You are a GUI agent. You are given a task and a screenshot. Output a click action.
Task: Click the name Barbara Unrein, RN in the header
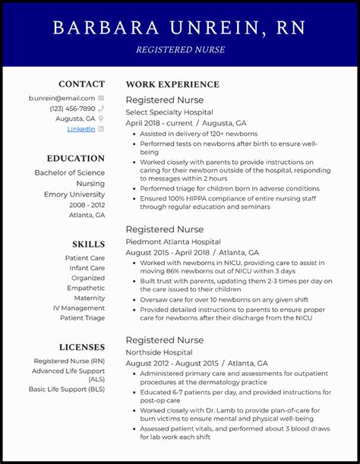[x=179, y=28]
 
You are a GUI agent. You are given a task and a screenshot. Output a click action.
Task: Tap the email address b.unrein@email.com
[x=62, y=98]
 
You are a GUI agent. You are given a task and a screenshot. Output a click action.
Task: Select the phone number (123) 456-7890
[x=73, y=109]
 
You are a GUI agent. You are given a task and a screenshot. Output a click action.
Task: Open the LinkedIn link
[x=81, y=129]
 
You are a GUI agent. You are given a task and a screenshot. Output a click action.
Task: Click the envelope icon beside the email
[x=101, y=98]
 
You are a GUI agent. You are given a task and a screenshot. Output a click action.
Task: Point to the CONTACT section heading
[x=82, y=84]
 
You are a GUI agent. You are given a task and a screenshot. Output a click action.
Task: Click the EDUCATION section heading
[x=75, y=158]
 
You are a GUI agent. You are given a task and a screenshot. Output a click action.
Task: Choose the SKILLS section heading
[x=88, y=244]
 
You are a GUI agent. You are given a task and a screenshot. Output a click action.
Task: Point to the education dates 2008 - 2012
[x=87, y=204]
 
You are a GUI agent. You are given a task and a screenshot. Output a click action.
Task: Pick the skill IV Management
[x=79, y=308]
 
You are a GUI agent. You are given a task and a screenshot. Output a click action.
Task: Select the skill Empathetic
[x=86, y=288]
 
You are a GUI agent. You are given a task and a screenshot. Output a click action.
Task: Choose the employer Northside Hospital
[x=159, y=352]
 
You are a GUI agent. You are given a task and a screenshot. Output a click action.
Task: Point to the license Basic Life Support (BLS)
[x=67, y=389]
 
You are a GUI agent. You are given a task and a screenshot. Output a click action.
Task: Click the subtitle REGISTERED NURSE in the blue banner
[x=179, y=49]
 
